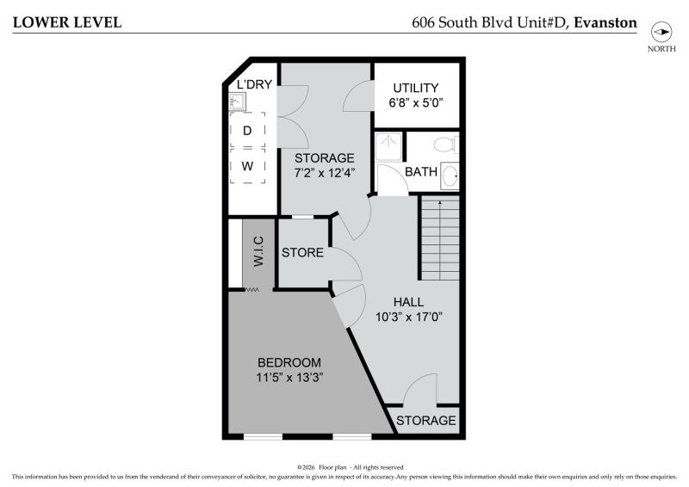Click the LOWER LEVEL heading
click(x=67, y=22)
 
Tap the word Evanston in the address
click(x=605, y=22)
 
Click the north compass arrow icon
click(x=661, y=32)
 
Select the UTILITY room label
click(x=416, y=88)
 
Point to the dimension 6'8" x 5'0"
click(x=416, y=102)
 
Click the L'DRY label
click(x=254, y=83)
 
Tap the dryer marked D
click(x=247, y=131)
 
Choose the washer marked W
click(x=247, y=166)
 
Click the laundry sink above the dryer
click(x=238, y=102)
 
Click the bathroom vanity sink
click(x=450, y=176)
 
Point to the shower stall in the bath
click(x=388, y=146)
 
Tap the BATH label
click(x=421, y=172)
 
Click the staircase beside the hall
click(x=440, y=237)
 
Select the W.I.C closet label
click(x=258, y=251)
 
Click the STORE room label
click(x=303, y=252)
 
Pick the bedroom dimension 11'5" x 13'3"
click(x=289, y=377)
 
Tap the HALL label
click(x=408, y=302)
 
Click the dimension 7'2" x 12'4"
click(x=325, y=173)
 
